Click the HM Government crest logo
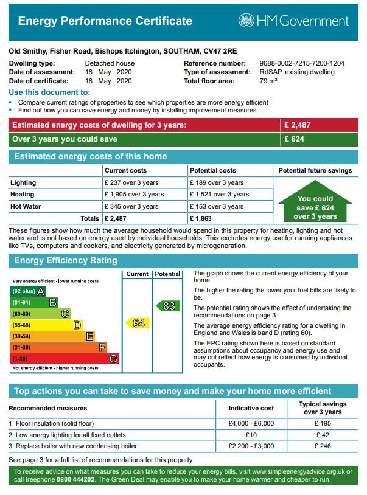pyautogui.click(x=246, y=21)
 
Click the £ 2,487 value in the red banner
pyautogui.click(x=298, y=125)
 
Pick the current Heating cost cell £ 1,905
pyautogui.click(x=134, y=195)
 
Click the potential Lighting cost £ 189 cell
pyautogui.click(x=216, y=182)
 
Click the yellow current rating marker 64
pyautogui.click(x=138, y=324)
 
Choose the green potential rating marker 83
pyautogui.click(x=169, y=305)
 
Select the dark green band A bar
pyautogui.click(x=29, y=291)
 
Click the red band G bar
pyautogui.click(x=64, y=359)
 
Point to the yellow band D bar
pyautogui.click(x=46, y=325)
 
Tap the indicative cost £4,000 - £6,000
pyautogui.click(x=251, y=423)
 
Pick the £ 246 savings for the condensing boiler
pyautogui.click(x=323, y=446)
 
